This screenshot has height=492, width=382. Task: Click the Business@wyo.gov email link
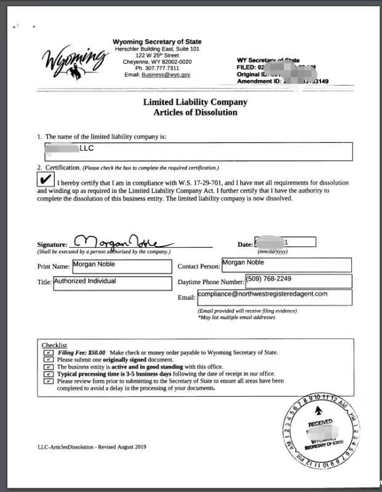tap(166, 74)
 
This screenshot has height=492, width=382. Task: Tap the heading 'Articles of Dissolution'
tap(195, 113)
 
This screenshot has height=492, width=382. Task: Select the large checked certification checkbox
tap(46, 179)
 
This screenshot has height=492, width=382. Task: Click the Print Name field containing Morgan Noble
tap(122, 266)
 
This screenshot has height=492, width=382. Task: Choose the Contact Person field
tap(286, 264)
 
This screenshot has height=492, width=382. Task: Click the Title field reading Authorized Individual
tap(112, 282)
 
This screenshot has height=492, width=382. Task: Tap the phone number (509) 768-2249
tap(298, 280)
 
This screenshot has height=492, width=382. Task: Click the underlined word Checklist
tap(54, 345)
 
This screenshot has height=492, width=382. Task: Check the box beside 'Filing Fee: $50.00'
tap(49, 352)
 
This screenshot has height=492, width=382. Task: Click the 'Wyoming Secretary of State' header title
tap(157, 42)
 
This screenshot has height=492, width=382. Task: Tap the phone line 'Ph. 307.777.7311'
tap(157, 68)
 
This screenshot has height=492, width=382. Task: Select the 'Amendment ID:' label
tap(258, 81)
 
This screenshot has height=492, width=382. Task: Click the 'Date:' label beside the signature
tap(245, 244)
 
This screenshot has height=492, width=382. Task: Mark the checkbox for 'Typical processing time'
tap(49, 374)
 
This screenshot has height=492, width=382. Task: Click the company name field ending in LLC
tap(199, 151)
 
